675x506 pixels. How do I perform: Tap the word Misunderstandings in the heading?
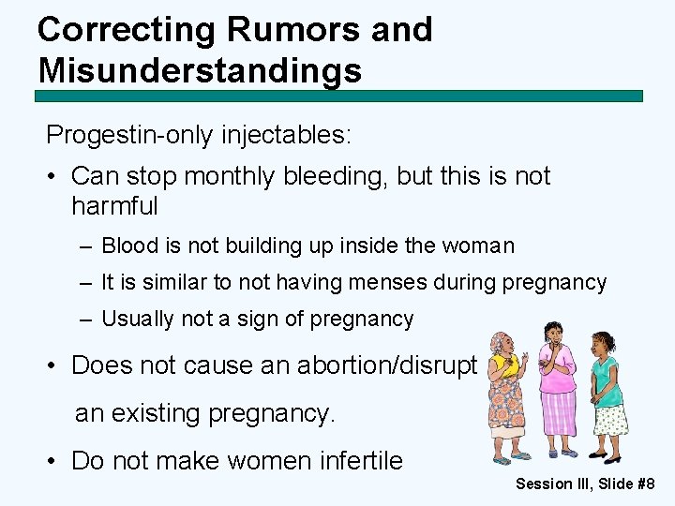point(200,70)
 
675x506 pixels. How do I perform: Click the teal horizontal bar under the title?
point(338,96)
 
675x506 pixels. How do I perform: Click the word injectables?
point(286,135)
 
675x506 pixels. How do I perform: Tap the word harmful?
point(114,205)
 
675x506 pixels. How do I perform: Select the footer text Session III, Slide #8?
point(585,484)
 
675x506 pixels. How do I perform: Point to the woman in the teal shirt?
point(606,394)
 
